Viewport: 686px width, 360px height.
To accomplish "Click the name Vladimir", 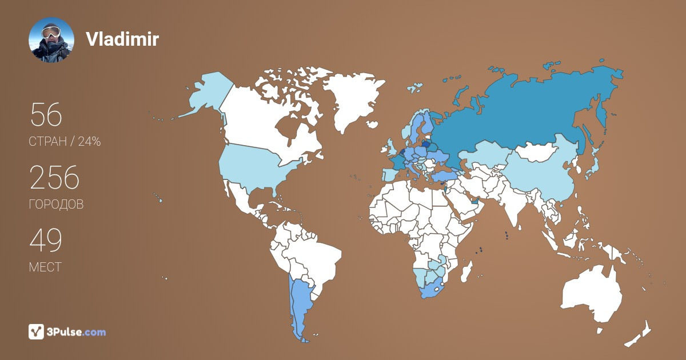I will (x=122, y=39).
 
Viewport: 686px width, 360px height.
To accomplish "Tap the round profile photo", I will (x=51, y=40).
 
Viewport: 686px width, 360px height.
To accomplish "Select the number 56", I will (x=46, y=115).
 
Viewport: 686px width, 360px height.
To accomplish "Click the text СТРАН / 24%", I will (x=65, y=142).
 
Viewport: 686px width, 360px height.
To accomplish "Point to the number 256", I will (x=54, y=179).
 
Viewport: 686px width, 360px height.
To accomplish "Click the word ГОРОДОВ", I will (x=56, y=205).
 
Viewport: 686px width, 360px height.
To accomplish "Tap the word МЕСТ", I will (x=45, y=267).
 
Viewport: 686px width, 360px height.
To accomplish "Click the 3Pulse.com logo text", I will (x=76, y=332).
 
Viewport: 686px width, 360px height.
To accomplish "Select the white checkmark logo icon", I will (x=37, y=331).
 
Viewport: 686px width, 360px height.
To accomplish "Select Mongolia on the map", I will (x=537, y=151).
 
